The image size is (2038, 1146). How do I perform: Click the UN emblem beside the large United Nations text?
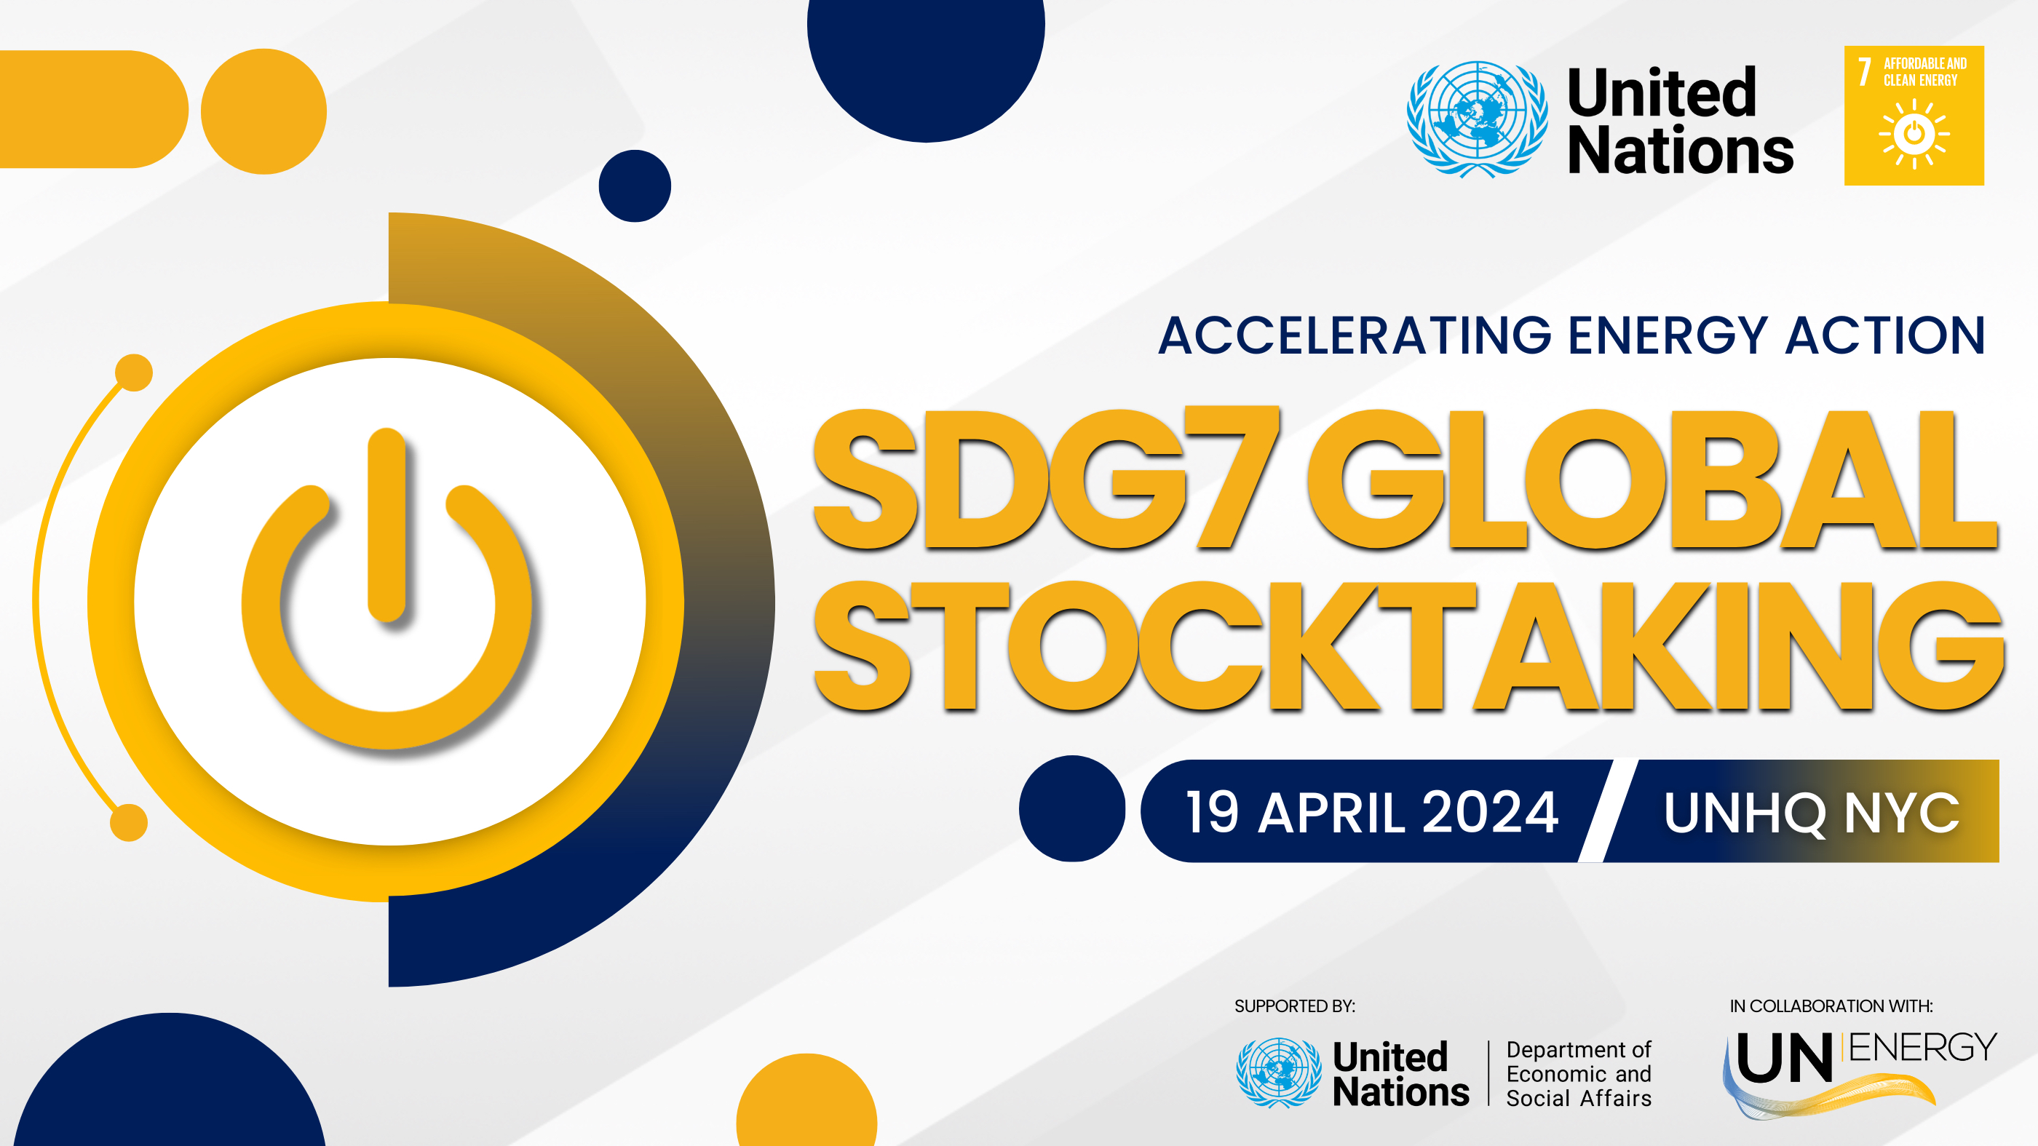click(x=1477, y=119)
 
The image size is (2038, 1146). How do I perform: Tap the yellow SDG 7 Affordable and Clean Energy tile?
click(x=1914, y=116)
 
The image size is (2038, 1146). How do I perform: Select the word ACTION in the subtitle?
click(x=1885, y=335)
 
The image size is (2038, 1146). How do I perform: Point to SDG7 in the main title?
click(x=1046, y=479)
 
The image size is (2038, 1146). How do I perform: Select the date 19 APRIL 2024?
click(x=1372, y=812)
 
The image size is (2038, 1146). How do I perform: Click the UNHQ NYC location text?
click(x=1812, y=813)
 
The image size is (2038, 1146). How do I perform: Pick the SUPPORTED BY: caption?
click(x=1294, y=1006)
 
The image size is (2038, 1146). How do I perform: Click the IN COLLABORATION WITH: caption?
click(x=1831, y=1006)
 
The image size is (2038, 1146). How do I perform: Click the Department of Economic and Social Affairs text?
click(x=1578, y=1074)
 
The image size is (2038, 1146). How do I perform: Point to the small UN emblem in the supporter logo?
click(x=1279, y=1073)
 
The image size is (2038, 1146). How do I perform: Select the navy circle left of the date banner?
click(x=1072, y=808)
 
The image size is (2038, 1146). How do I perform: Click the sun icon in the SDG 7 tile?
click(x=1914, y=134)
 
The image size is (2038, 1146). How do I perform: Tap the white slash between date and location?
click(x=1608, y=811)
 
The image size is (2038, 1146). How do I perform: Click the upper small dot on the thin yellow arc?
click(x=134, y=373)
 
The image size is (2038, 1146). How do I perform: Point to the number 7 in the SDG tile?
click(x=1865, y=71)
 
